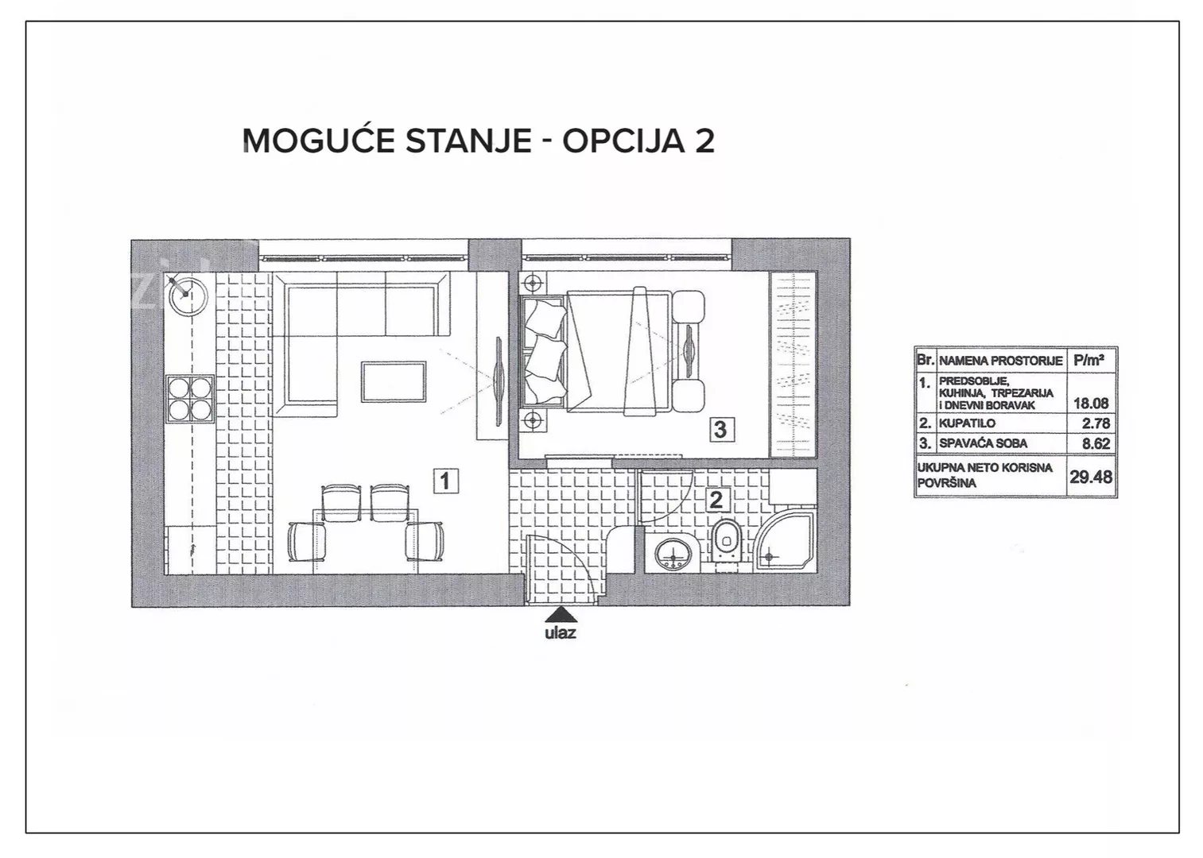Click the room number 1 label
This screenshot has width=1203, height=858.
click(445, 481)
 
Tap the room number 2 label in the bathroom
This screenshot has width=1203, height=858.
click(716, 500)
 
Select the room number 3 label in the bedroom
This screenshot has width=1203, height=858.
click(720, 429)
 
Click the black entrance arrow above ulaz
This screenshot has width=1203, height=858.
click(561, 614)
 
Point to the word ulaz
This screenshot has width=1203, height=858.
click(560, 632)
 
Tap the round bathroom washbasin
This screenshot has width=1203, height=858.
click(676, 555)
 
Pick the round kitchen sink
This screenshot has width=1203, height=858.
click(186, 295)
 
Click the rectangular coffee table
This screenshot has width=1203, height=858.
click(394, 381)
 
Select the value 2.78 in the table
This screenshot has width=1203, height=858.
click(1096, 423)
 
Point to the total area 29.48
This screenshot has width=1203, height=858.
click(1091, 477)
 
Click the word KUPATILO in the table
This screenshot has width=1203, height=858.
click(967, 423)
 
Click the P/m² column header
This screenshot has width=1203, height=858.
click(1089, 361)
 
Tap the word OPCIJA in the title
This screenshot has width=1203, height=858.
click(615, 141)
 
